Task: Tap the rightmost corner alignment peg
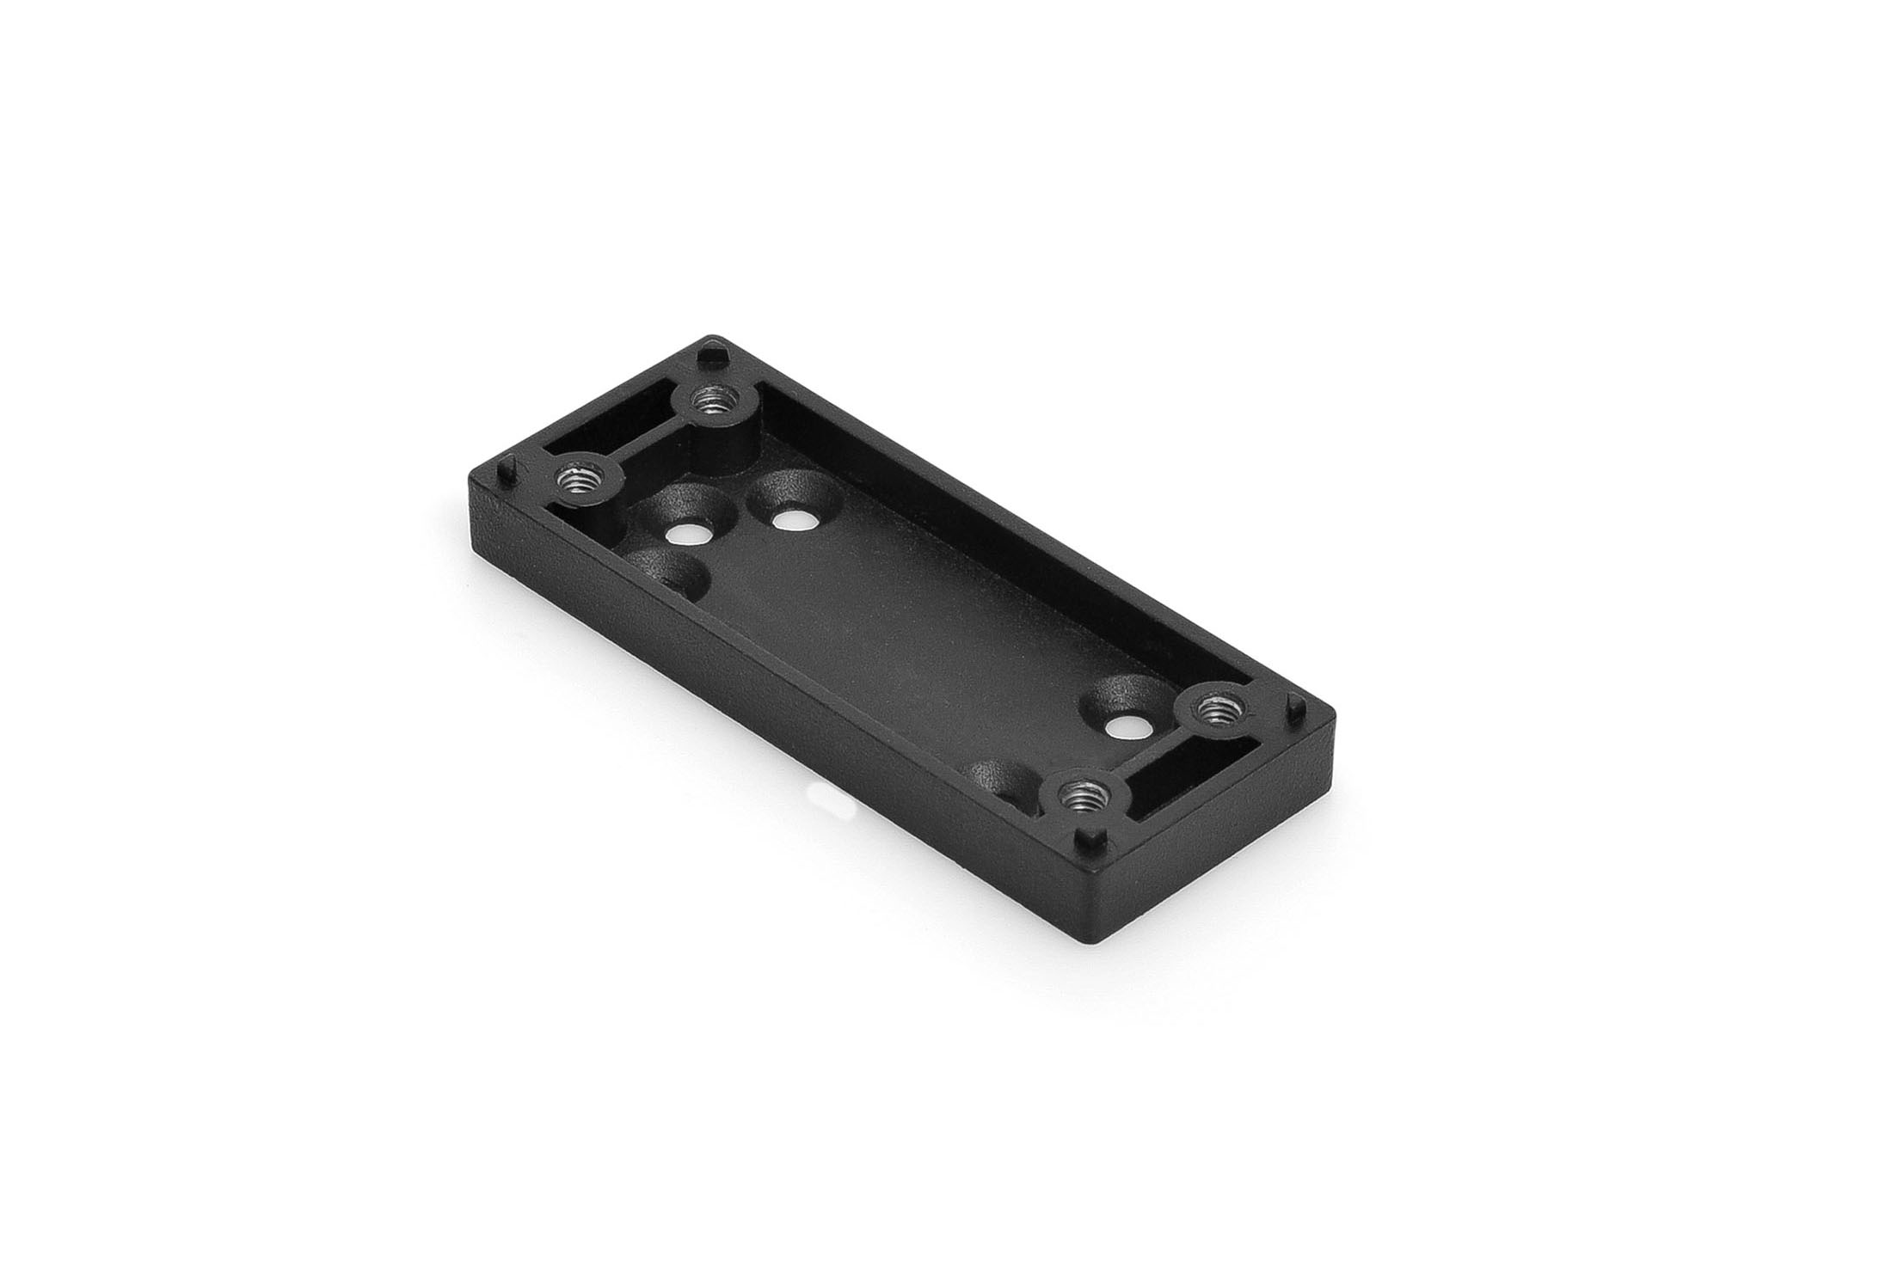(x=1292, y=707)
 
